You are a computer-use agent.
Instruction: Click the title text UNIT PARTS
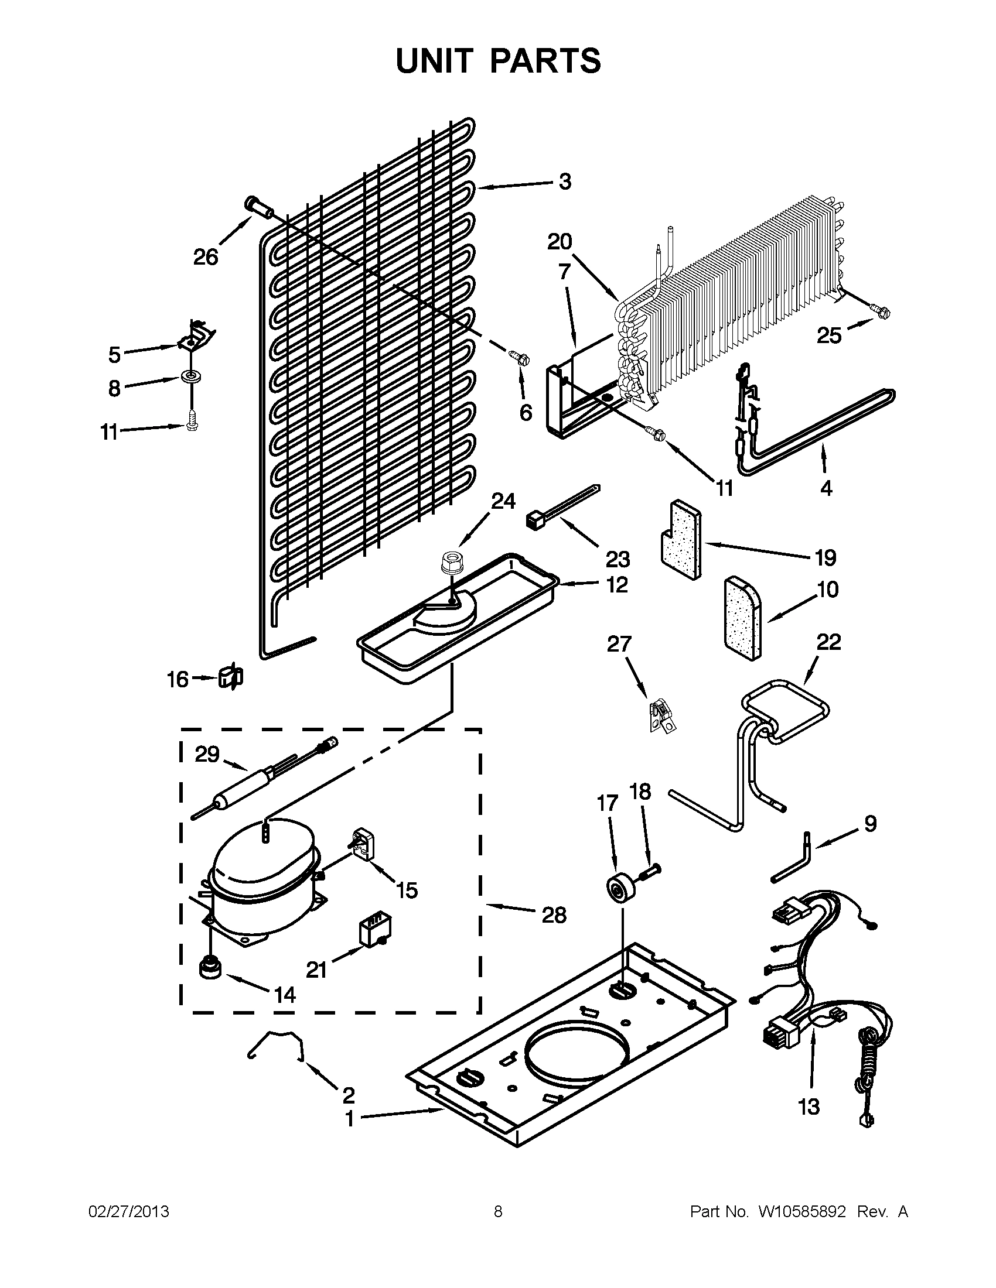(498, 61)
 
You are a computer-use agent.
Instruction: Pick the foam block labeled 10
(742, 618)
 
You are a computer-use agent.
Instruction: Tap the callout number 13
(809, 1107)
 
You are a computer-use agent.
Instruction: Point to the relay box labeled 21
(375, 933)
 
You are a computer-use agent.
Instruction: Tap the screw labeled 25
(882, 313)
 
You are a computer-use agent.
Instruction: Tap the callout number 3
(565, 181)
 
